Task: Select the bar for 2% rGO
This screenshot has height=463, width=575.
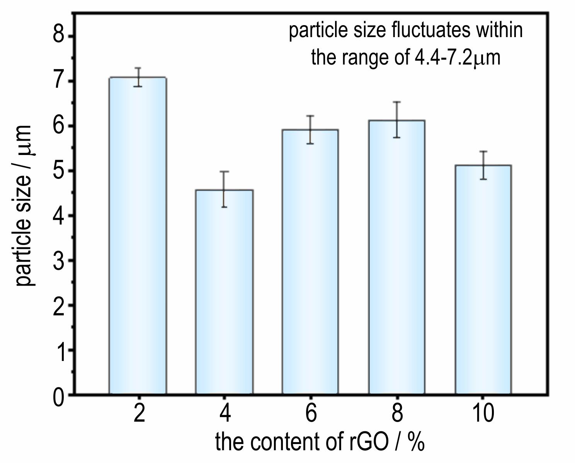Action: pos(138,236)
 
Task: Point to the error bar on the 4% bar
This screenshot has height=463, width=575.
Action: pos(224,189)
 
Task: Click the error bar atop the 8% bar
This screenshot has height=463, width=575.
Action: pos(397,119)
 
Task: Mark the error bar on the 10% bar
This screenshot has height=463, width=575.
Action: pos(483,165)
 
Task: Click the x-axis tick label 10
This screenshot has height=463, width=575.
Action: pos(483,413)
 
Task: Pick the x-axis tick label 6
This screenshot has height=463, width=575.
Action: pos(310,413)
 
